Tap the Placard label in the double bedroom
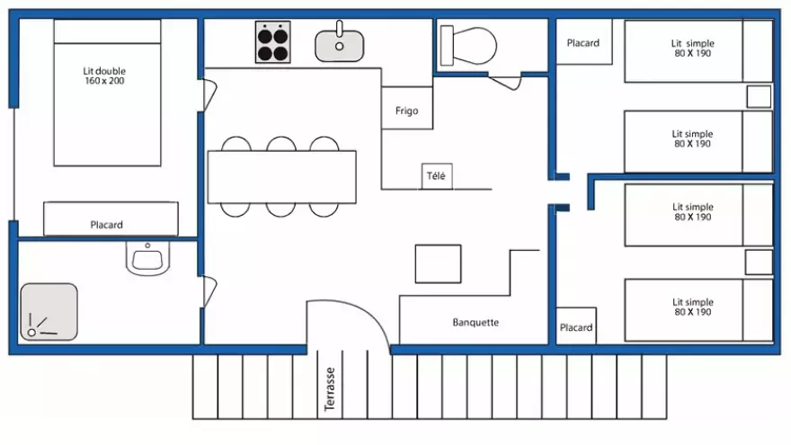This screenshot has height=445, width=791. (106, 225)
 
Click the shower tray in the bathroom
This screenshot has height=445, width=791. (49, 312)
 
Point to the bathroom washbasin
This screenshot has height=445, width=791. (147, 261)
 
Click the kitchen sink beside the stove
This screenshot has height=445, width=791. (339, 42)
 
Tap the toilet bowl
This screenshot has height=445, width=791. (468, 44)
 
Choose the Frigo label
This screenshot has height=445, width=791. (406, 111)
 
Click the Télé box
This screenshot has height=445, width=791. (436, 176)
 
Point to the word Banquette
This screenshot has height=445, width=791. (475, 323)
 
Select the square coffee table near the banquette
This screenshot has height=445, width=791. (438, 263)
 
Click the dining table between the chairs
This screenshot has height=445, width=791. (281, 177)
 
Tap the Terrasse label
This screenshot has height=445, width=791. (330, 388)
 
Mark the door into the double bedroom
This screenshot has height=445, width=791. (209, 93)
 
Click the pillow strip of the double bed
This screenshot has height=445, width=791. (107, 31)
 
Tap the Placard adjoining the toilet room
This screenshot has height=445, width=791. (582, 43)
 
